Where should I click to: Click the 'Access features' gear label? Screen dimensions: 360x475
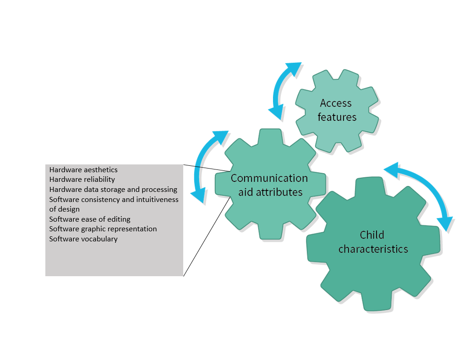pos(337,110)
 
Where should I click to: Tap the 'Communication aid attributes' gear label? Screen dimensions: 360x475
pos(269,185)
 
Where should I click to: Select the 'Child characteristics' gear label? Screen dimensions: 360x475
pos(373,242)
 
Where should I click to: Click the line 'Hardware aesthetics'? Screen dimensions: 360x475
pos(83,170)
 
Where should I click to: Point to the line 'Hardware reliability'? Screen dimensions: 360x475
pos(82,180)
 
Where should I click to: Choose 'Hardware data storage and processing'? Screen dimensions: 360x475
pos(113,190)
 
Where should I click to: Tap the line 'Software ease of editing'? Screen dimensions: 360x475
pos(90,219)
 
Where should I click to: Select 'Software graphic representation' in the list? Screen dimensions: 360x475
pos(103,229)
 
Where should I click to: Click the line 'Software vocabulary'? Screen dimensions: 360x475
pos(83,239)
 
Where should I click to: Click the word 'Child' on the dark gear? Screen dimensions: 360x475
pos(372,235)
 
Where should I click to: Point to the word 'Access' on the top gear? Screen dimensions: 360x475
pos(336,103)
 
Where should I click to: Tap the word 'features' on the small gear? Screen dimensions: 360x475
pos(337,117)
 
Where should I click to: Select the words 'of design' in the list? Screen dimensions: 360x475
pos(65,209)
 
